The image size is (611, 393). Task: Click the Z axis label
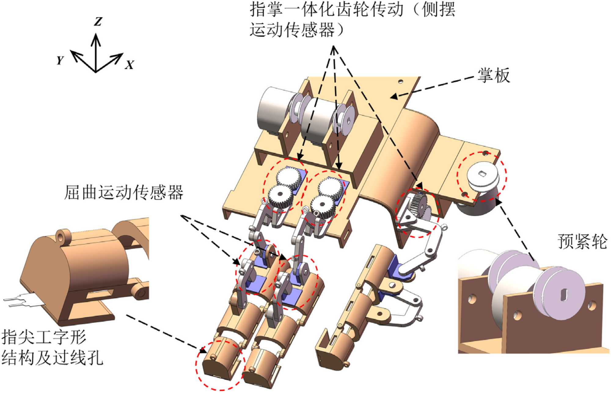tap(98, 22)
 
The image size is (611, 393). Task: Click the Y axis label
tap(60, 60)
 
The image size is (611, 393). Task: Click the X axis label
tap(130, 65)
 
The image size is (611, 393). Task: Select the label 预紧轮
tap(582, 241)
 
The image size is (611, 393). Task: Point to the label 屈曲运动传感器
tap(124, 193)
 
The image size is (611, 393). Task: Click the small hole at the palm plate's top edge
tap(401, 82)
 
